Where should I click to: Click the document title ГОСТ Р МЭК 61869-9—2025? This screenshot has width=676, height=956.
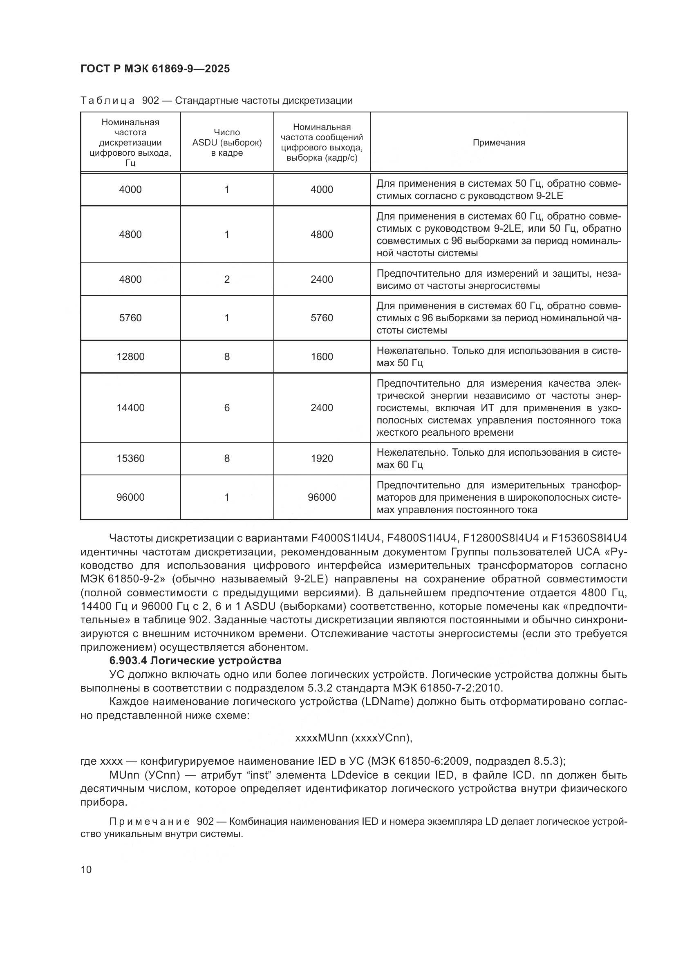tap(155, 69)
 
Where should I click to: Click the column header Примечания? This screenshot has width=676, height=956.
tap(498, 143)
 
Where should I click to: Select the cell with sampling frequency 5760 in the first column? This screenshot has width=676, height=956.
tap(130, 318)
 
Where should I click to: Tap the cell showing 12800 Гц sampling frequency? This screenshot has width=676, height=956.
tap(130, 357)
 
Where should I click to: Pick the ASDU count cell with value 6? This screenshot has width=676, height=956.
tap(227, 407)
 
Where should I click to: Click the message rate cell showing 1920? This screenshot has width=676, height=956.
tap(322, 459)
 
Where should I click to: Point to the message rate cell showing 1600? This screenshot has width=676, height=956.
tap(322, 357)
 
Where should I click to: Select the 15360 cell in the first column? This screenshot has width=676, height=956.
tap(130, 459)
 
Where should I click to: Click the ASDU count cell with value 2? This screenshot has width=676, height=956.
tap(227, 280)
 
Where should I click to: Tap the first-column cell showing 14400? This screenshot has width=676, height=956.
tap(130, 407)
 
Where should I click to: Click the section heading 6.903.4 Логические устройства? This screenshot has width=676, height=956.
tap(195, 661)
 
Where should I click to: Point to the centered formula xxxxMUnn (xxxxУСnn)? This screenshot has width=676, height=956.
tap(354, 738)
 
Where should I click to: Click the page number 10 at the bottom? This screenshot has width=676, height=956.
tap(86, 869)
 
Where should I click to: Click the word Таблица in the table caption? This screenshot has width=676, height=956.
tap(107, 101)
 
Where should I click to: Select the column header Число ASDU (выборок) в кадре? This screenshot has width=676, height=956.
tap(227, 143)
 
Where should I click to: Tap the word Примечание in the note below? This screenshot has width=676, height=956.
tap(150, 822)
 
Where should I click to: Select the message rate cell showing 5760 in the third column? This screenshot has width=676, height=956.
tap(322, 318)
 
